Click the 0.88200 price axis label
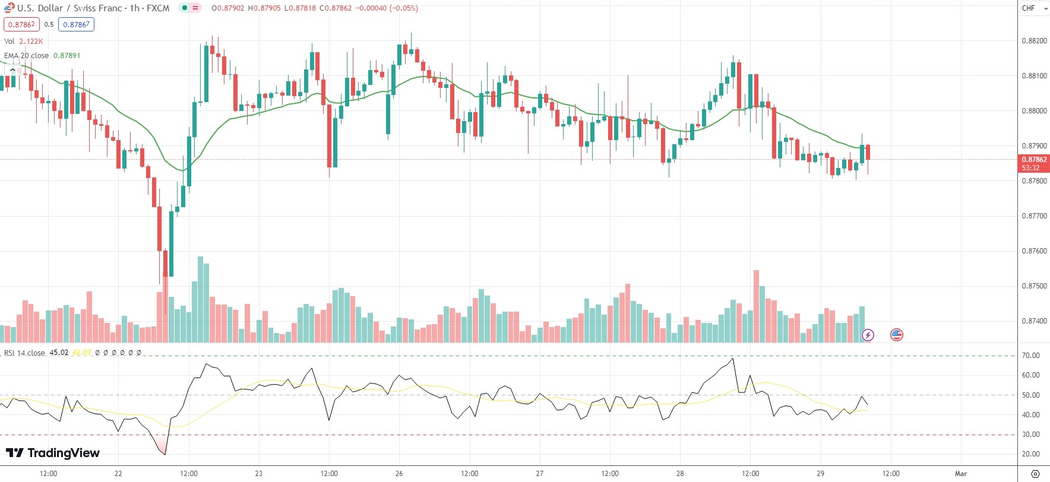point(1034,41)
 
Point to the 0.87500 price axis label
point(1034,286)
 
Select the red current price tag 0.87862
point(1034,160)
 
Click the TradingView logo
point(53,453)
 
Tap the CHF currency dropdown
point(1034,8)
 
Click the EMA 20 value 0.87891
point(67,56)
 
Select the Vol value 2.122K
point(31,42)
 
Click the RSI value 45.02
point(59,353)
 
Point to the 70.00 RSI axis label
point(1030,356)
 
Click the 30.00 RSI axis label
point(1030,435)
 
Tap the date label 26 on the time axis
point(399,474)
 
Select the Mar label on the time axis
point(960,474)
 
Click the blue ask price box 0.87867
point(76,24)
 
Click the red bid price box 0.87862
point(21,24)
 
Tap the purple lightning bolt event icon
point(868,335)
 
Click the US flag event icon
point(897,335)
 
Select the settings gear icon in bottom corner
point(1035,474)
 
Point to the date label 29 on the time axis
point(820,474)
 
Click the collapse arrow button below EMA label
point(12,70)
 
